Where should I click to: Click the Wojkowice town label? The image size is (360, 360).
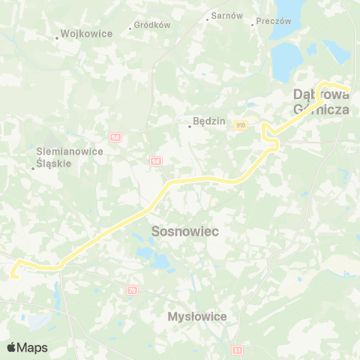[x=87, y=34]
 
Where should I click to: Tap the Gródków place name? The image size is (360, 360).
[x=153, y=25]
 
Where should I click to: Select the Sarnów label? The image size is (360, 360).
[x=227, y=15]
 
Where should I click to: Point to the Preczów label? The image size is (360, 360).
[x=274, y=22]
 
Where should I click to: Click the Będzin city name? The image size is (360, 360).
[x=205, y=119]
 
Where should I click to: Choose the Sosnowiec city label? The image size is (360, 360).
[x=185, y=231]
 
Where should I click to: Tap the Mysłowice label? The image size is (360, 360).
[x=198, y=316]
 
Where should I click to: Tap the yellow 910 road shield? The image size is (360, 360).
[x=240, y=124]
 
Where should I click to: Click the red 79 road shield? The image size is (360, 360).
[x=133, y=289]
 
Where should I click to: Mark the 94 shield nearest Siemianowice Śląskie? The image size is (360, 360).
[x=115, y=137]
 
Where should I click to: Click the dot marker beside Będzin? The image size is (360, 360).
[x=190, y=126]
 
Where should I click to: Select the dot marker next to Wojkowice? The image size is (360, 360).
[x=58, y=37]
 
